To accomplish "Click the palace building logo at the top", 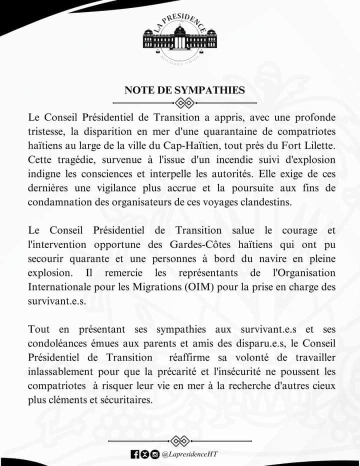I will pyautogui.click(x=180, y=39).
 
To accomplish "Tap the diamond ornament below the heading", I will pyautogui.click(x=185, y=103).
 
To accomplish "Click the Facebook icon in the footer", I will pyautogui.click(x=135, y=454).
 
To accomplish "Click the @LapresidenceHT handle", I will pyautogui.click(x=190, y=454).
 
